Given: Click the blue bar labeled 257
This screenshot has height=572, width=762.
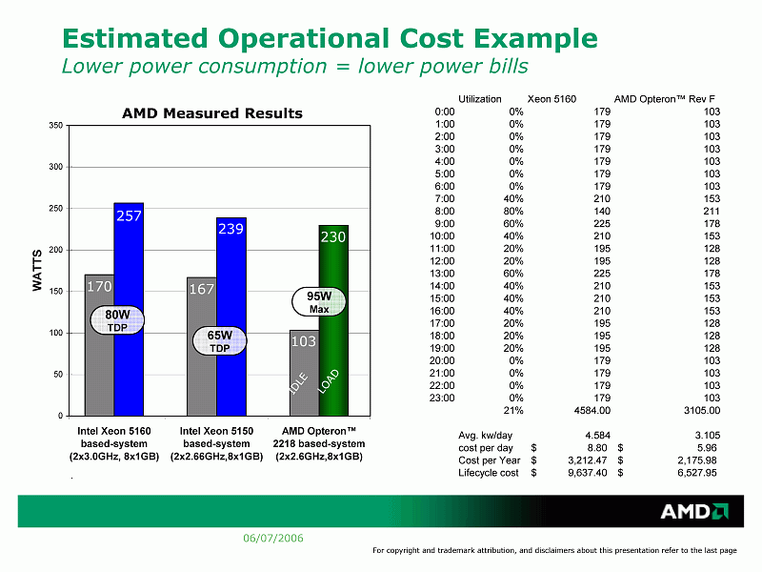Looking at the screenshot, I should pos(129,315).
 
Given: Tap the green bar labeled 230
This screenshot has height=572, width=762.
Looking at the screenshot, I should pos(333,324).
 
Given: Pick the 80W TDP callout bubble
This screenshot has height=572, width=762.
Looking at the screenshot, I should pos(117,320).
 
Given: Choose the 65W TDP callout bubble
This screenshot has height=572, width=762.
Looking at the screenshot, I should pos(220,341).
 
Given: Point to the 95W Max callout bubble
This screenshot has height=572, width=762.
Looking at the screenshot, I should pos(319,301).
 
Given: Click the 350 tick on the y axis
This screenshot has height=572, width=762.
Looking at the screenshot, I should pos(56,126).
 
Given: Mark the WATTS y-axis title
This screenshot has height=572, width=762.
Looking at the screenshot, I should pos(38,271).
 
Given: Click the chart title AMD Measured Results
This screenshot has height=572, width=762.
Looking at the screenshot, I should pos(211,113).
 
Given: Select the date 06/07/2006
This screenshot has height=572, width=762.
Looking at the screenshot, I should pos(273,539).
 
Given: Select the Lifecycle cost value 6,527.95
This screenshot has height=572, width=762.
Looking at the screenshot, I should pos(698,472).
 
